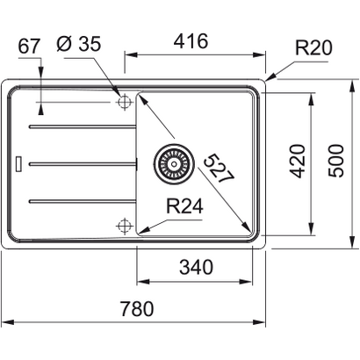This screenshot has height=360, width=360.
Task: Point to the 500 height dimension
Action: tap(335, 161)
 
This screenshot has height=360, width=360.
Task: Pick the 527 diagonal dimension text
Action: tap(220, 167)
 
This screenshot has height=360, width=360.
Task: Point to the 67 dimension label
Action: tap(30, 45)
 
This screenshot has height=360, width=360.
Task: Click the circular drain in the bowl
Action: tap(172, 162)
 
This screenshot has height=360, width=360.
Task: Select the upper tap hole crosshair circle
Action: tap(123, 102)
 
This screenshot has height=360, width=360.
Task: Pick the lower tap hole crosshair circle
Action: tap(123, 227)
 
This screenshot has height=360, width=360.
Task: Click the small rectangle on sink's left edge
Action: tap(18, 163)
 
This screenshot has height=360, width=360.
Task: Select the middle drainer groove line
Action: tap(83, 163)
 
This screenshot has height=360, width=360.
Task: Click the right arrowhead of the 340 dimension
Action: tap(261, 282)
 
